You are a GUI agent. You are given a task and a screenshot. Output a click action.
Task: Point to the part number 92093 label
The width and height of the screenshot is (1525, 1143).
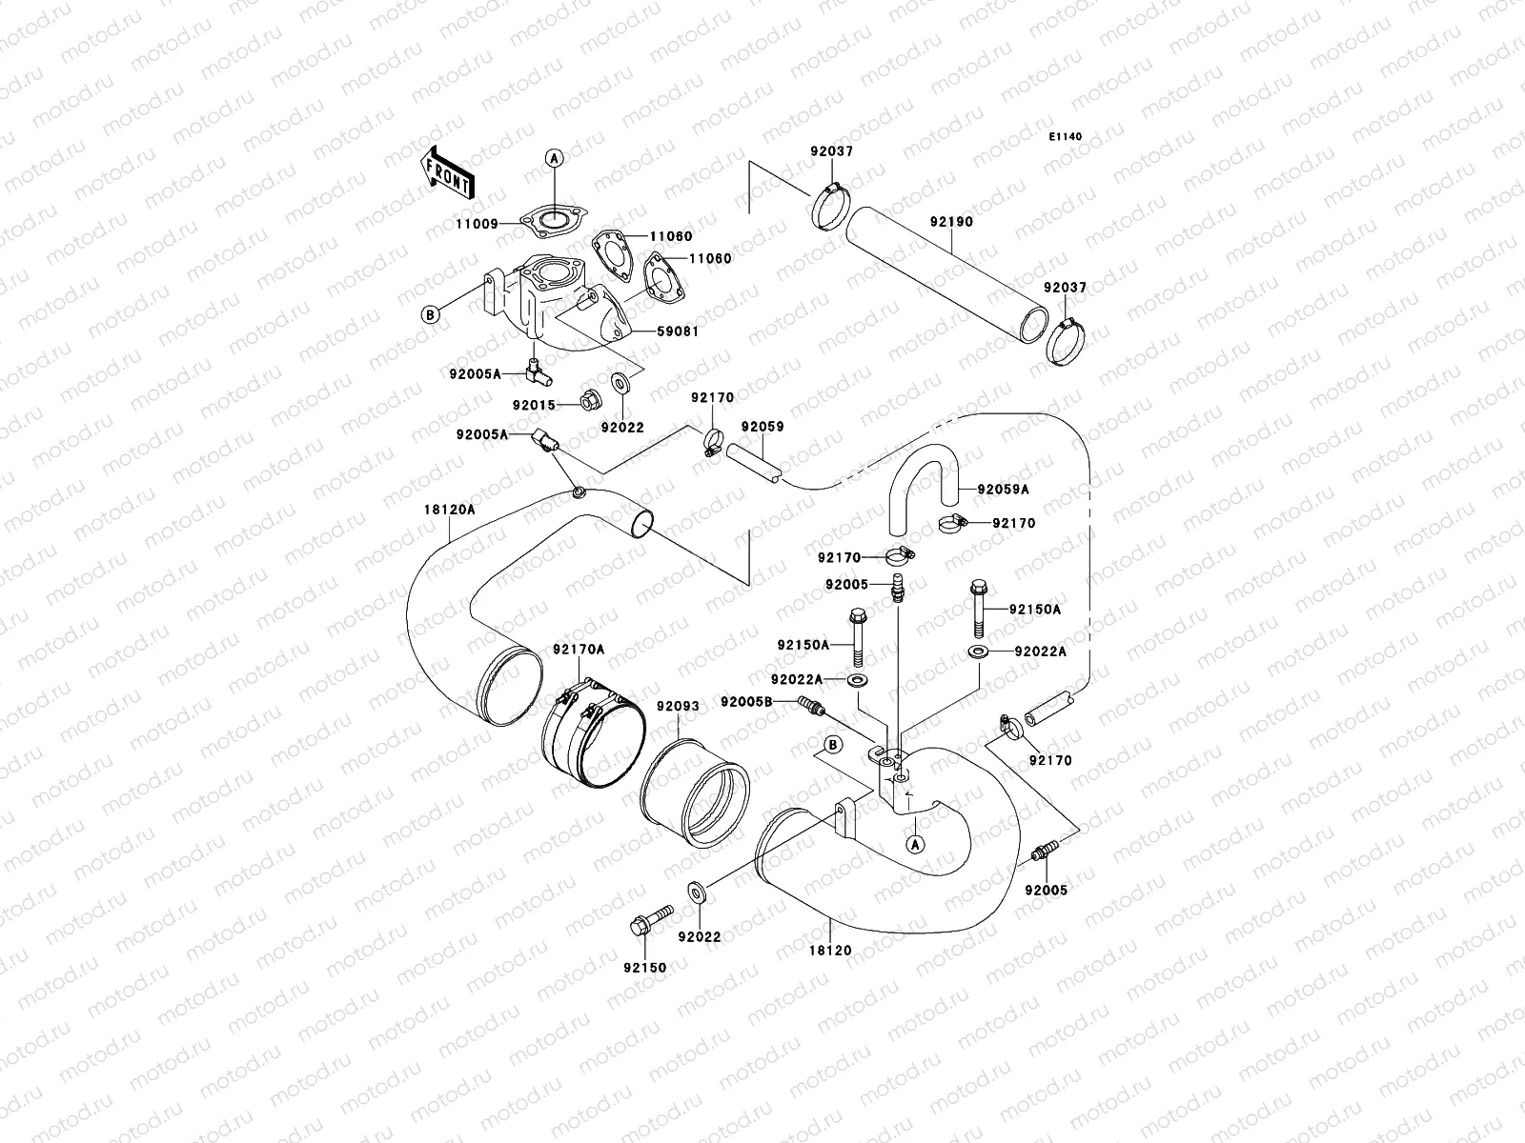pos(677,707)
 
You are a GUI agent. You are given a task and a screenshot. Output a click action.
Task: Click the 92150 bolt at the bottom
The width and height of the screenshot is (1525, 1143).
pos(640,925)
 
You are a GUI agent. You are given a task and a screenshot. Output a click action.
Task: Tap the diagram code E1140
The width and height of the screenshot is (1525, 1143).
pos(1066,137)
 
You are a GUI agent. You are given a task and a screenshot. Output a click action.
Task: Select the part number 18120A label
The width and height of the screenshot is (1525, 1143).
pos(449,510)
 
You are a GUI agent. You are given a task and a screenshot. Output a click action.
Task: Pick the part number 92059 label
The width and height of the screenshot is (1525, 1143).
pos(762,427)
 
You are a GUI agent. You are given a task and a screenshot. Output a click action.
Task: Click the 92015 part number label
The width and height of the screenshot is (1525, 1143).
pos(535,405)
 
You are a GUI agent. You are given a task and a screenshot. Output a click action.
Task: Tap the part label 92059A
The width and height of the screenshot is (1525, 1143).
pos(1003,490)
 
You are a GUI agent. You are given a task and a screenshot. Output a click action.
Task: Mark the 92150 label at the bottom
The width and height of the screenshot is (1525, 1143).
pos(645,968)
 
